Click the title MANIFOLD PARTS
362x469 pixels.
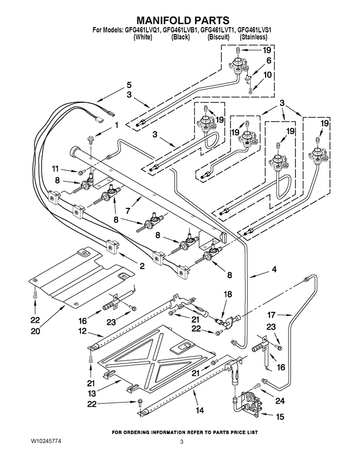point(183,20)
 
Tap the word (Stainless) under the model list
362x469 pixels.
point(253,37)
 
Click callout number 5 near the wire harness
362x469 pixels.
point(129,85)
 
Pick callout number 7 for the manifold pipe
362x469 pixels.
point(128,211)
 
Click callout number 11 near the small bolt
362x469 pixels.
point(55,169)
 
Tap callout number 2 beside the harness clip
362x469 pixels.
point(142,265)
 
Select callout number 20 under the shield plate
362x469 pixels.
point(35,331)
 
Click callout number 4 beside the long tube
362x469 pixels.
point(274,270)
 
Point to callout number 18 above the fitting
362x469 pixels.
point(228,294)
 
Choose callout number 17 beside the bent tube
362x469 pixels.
point(271,314)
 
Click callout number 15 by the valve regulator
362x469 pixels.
point(280,416)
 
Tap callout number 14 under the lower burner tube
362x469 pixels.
point(200,410)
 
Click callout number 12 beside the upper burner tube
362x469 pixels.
point(82,331)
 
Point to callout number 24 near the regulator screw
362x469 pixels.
point(280,400)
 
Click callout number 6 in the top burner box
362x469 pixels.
point(268,60)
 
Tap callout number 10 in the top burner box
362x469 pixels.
point(268,75)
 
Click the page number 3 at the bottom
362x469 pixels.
point(182,441)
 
